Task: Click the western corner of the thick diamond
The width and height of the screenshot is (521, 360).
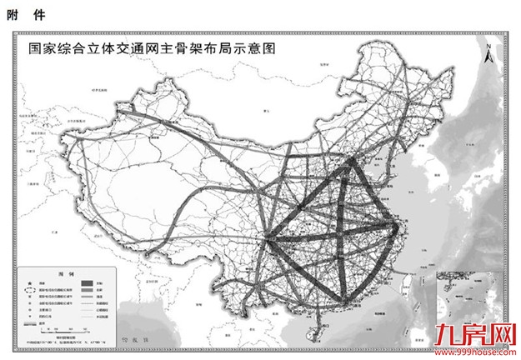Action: point(266,238)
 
